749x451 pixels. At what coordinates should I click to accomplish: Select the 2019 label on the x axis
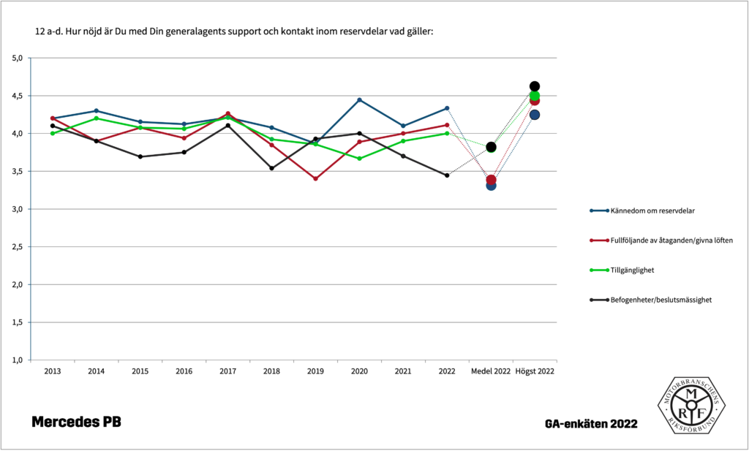315,371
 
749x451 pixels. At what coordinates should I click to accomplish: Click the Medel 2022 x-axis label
491,371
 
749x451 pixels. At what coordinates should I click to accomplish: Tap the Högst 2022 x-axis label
535,371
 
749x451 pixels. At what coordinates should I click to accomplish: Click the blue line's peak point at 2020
359,99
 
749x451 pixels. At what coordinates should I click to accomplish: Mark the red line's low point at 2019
315,178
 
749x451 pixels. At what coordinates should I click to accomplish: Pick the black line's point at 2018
271,168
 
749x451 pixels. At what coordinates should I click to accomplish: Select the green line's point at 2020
359,159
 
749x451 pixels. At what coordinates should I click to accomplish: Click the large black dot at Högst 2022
535,86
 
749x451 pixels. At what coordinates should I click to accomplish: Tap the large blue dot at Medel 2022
491,186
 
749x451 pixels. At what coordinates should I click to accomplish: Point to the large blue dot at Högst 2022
535,115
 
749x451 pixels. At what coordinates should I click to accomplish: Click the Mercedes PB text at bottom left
76,422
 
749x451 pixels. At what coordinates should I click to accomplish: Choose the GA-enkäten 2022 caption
590,424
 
